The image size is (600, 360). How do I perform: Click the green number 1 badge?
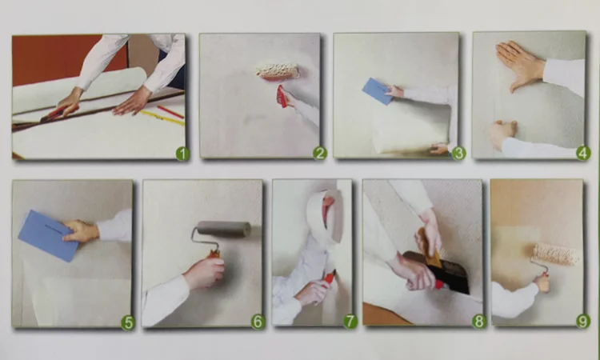(182, 154)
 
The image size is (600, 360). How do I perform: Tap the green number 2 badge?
(320, 154)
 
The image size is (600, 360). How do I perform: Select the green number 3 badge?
(458, 154)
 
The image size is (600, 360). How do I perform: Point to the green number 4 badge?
(583, 154)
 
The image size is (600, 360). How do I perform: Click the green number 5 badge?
(128, 323)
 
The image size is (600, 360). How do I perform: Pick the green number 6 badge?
(258, 322)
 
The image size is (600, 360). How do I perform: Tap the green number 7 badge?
(350, 322)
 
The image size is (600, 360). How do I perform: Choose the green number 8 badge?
(478, 322)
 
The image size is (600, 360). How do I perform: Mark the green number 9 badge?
(582, 322)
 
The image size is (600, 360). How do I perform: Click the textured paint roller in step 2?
(278, 71)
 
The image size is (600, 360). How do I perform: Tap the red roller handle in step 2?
(282, 97)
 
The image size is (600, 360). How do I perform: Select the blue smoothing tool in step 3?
(378, 91)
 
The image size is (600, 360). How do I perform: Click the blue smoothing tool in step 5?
(49, 236)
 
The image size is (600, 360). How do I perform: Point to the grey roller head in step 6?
(224, 228)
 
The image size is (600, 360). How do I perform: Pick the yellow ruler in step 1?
(162, 118)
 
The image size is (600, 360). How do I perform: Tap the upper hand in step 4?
(520, 66)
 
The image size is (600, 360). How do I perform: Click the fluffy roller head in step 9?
(556, 254)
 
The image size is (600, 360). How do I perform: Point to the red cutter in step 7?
(329, 277)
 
